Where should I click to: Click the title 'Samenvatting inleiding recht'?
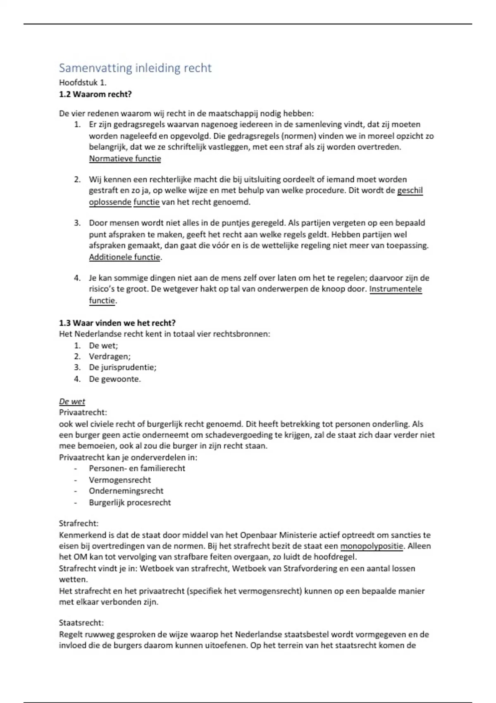click(x=135, y=68)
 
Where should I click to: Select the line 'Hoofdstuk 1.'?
click(x=83, y=83)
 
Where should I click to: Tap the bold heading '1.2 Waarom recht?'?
click(x=95, y=94)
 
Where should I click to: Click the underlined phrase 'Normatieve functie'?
click(x=125, y=159)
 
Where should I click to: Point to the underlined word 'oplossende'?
click(x=110, y=202)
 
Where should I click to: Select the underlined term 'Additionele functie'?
click(x=124, y=257)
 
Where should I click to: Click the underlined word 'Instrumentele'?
click(x=396, y=289)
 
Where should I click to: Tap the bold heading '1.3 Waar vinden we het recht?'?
click(x=117, y=323)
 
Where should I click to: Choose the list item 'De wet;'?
click(x=103, y=346)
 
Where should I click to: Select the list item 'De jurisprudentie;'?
click(x=122, y=367)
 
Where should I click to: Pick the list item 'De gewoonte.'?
click(x=114, y=379)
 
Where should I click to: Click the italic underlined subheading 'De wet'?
click(x=72, y=402)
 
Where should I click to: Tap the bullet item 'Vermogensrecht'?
click(x=120, y=480)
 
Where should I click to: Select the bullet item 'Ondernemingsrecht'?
click(x=126, y=491)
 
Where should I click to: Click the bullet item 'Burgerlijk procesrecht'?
click(x=130, y=503)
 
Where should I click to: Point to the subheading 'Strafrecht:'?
click(x=79, y=524)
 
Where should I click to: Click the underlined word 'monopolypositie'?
click(x=371, y=546)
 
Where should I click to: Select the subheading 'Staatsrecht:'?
click(x=81, y=623)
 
